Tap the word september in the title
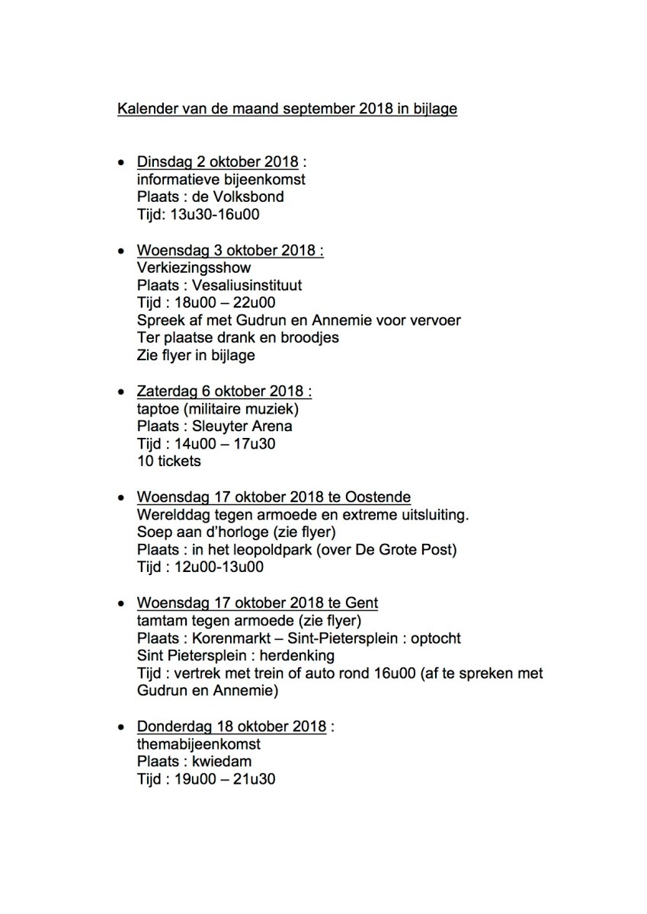pyautogui.click(x=313, y=110)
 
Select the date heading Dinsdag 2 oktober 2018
pyautogui.click(x=217, y=162)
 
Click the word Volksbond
pyautogui.click(x=248, y=197)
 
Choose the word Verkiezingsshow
pyautogui.click(x=194, y=268)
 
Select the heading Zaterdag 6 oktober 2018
pyautogui.click(x=223, y=391)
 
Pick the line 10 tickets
pyautogui.click(x=168, y=462)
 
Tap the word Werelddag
pyautogui.click(x=171, y=515)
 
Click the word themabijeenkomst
pyautogui.click(x=198, y=744)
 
